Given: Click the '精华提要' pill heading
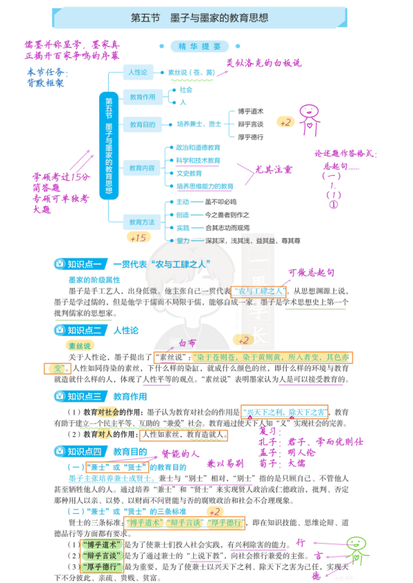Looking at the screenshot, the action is tap(200, 46).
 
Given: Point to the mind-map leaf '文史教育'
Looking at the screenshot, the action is tap(188, 173).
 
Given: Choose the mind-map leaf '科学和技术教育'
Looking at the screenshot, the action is tap(198, 160).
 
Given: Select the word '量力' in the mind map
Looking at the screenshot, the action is tap(183, 240).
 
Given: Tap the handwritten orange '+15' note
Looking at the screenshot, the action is tap(139, 237).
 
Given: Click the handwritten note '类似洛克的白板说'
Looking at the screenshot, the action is tap(264, 64).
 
